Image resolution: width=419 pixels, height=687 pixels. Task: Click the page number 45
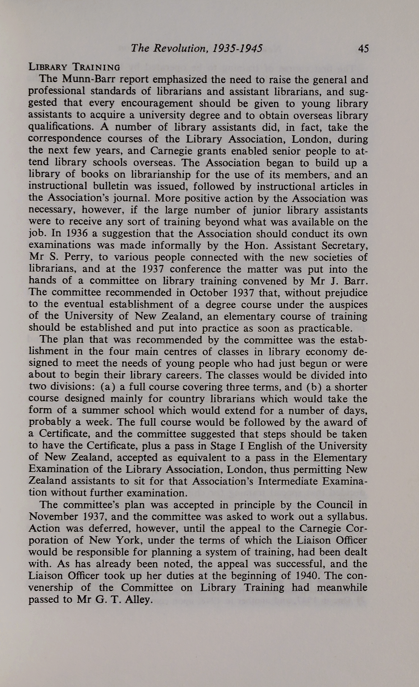363,49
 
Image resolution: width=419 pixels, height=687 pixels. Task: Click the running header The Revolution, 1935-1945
197,49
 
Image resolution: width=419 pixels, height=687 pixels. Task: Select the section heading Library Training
74,67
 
